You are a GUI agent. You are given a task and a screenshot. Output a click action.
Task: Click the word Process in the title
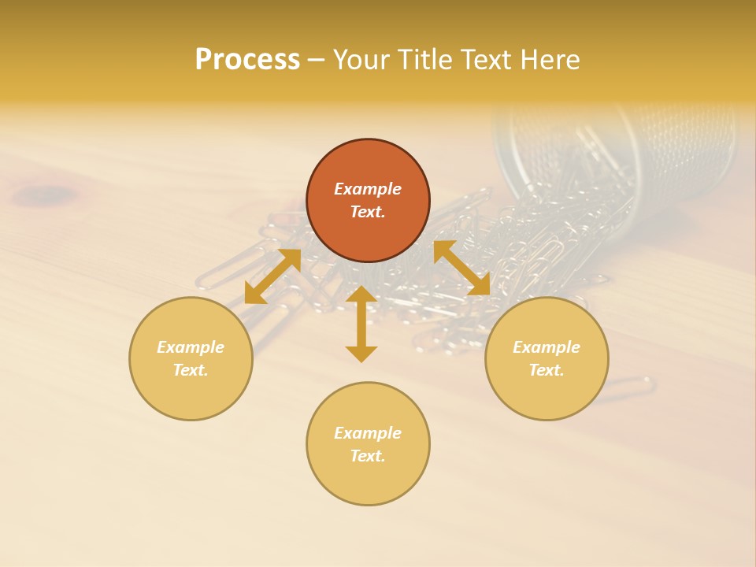[247, 60]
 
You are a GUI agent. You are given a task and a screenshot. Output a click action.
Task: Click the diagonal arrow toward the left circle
[272, 276]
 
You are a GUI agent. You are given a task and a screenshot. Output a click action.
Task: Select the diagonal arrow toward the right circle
[461, 269]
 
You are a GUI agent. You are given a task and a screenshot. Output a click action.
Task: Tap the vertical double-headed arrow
[361, 324]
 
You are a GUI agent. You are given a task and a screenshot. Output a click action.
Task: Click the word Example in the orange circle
[368, 189]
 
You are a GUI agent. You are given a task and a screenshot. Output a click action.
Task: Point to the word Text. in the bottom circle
[368, 456]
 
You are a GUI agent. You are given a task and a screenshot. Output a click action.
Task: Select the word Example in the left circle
[191, 347]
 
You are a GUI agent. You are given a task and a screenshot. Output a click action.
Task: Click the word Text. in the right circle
[547, 370]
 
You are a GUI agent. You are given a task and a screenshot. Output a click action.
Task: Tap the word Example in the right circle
[547, 347]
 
